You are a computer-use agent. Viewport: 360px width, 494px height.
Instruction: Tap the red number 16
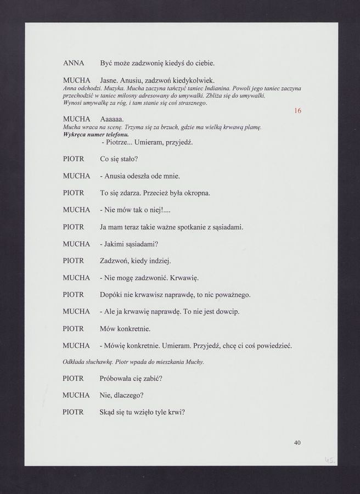298,111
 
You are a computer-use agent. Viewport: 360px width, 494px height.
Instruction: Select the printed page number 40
297,443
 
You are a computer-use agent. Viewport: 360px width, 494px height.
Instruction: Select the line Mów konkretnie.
125,329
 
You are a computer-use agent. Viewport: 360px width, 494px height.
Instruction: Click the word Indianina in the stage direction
215,88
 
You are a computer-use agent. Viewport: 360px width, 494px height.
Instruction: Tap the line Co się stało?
119,159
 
